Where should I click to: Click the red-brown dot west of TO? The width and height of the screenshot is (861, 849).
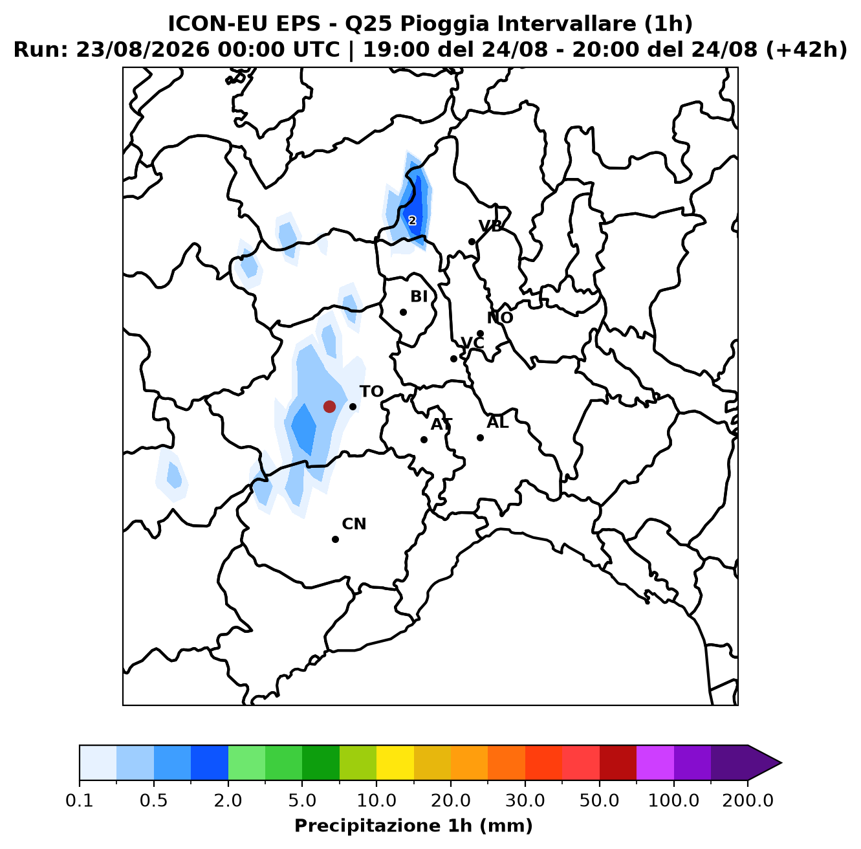point(329,406)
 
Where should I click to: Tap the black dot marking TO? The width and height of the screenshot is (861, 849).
point(353,406)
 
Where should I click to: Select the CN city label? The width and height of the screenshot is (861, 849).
point(354,524)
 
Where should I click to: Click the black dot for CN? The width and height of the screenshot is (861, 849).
point(335,539)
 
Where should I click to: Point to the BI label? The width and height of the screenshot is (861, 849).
point(419,296)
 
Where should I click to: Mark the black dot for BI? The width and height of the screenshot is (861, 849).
point(403,312)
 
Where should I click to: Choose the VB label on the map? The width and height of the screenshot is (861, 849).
point(490,226)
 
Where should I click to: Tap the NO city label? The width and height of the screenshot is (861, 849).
point(500,318)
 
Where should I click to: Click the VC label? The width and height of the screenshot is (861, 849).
point(472,343)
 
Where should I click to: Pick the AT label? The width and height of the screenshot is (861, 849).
point(441,424)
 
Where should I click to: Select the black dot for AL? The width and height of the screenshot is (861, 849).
point(480,437)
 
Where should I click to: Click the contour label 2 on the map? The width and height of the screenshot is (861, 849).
point(412,221)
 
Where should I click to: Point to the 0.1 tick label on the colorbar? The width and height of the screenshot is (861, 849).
point(80,800)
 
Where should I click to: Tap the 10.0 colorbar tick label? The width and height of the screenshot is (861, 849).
point(376,800)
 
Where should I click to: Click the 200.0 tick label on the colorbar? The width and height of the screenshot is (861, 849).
point(748,800)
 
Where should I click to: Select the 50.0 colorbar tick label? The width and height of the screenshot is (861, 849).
point(599,800)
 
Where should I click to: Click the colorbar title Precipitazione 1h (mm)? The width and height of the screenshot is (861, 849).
point(413,826)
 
